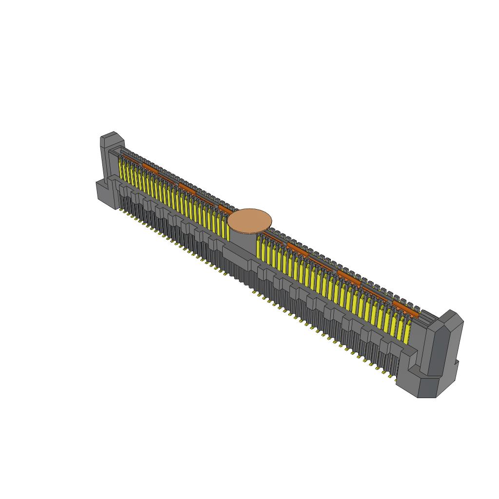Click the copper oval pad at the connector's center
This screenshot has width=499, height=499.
(x=249, y=220)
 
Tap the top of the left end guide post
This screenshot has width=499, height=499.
(x=112, y=136)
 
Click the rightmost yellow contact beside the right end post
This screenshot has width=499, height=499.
(x=407, y=330)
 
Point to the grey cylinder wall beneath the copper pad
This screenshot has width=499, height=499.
(x=242, y=239)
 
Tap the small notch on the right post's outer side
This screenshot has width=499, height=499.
(x=457, y=363)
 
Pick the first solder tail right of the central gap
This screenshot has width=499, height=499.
(x=254, y=292)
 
